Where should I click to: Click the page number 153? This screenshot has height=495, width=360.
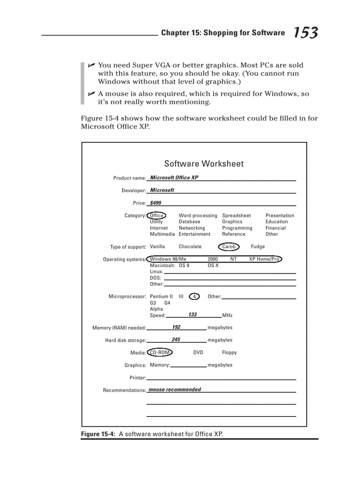(x=305, y=33)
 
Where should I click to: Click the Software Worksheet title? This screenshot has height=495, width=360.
(x=204, y=164)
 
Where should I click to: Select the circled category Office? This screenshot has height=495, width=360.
(x=156, y=216)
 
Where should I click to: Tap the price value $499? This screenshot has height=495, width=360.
(x=155, y=203)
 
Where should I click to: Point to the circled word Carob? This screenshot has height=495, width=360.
(x=229, y=247)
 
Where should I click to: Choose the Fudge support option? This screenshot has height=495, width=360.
(x=258, y=247)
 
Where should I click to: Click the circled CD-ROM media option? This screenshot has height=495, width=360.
(x=160, y=353)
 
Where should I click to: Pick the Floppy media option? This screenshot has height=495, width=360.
(x=229, y=353)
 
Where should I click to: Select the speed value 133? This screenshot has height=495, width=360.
(x=192, y=315)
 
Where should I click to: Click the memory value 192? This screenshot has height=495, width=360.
(x=176, y=327)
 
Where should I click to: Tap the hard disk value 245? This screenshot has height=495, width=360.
(x=176, y=340)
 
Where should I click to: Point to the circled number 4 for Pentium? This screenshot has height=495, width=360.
(x=194, y=297)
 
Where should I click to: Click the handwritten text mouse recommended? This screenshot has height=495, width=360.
(x=175, y=390)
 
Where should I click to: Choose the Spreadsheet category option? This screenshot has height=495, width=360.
(x=236, y=216)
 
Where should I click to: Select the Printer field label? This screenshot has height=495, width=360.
(x=137, y=378)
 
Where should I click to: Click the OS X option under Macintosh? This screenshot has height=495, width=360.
(x=213, y=266)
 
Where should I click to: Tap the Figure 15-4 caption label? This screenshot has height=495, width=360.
(x=98, y=434)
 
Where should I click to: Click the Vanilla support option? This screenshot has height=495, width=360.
(x=157, y=247)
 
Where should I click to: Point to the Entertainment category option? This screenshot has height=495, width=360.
(x=195, y=234)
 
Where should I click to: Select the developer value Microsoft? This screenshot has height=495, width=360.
(x=162, y=190)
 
